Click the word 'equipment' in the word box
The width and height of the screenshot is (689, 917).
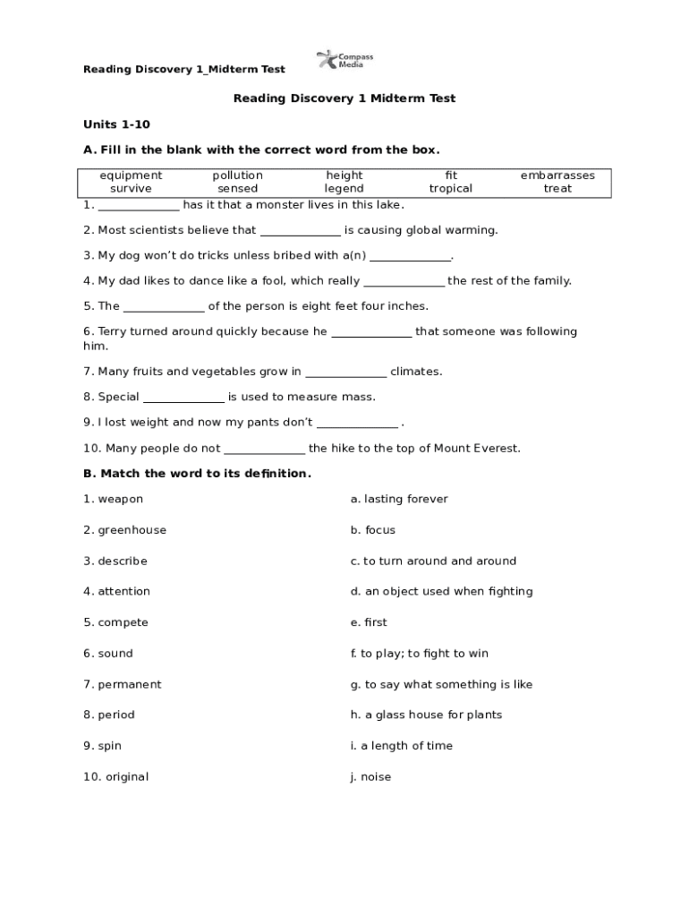[x=131, y=176]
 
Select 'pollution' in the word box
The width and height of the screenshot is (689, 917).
[x=237, y=176]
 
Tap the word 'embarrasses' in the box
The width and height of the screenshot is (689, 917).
[x=557, y=176]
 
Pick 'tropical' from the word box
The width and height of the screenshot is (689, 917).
[x=450, y=189]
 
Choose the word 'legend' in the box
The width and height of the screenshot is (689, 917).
[x=344, y=189]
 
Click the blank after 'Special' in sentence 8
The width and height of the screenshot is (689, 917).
[x=183, y=398]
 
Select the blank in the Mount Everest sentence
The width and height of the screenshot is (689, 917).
[x=264, y=449]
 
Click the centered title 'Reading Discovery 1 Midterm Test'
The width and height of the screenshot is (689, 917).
[x=344, y=99]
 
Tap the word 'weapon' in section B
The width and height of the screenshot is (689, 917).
[x=120, y=499]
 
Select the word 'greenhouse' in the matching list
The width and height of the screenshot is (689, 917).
[x=132, y=530]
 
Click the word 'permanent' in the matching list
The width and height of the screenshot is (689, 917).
[x=130, y=684]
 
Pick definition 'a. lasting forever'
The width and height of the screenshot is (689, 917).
[x=399, y=499]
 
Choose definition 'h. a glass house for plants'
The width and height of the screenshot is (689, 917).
[x=426, y=715]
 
